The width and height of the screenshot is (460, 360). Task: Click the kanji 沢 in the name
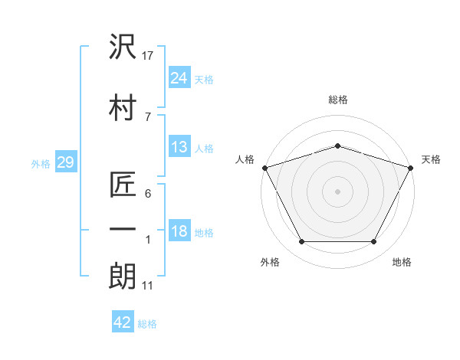point(123,46)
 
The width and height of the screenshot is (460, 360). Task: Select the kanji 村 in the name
point(123,107)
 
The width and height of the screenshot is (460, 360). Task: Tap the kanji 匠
point(123,184)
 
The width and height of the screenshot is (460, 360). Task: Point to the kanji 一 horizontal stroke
point(123,229)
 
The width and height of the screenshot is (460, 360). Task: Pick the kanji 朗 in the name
point(123,277)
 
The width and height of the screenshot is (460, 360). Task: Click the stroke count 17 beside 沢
point(147,56)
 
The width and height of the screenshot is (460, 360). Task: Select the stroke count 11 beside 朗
point(147,286)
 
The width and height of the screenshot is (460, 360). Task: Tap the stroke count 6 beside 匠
point(148,194)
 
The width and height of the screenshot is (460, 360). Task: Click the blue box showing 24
point(179,77)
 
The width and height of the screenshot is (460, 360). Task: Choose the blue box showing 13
point(179,146)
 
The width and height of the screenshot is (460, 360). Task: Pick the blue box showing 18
point(179,230)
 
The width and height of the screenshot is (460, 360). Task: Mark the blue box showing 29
point(66,162)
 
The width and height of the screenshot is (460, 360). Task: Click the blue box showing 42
point(123,321)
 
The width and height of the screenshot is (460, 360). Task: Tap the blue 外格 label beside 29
point(41,164)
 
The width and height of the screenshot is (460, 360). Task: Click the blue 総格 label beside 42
point(147,324)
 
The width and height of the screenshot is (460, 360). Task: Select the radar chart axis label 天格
point(431,159)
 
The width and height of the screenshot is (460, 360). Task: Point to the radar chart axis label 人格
point(245,159)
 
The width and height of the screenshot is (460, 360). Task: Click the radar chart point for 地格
point(374,241)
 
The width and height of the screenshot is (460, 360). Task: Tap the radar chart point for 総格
point(337,146)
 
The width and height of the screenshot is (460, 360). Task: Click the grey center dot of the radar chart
point(337,191)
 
